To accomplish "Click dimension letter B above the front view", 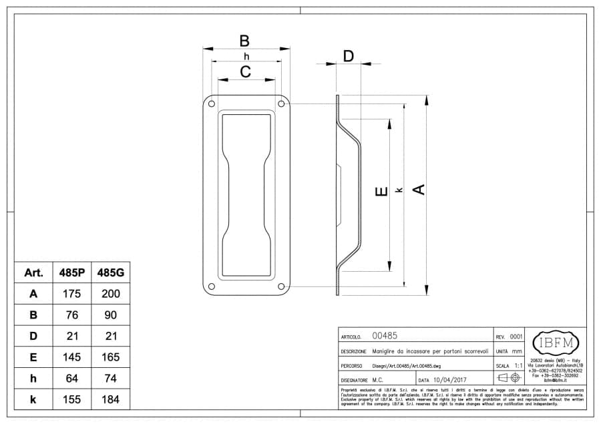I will (x=244, y=40).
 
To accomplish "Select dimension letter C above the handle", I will (x=245, y=72).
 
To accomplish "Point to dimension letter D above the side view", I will (x=348, y=56).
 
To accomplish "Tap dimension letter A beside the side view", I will (x=419, y=190).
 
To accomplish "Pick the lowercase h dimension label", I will (x=246, y=57).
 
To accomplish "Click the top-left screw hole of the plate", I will (x=212, y=103).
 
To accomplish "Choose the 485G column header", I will (x=110, y=272).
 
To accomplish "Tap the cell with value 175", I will (x=72, y=294).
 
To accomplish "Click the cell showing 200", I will (x=110, y=294).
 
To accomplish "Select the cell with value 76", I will (x=72, y=314).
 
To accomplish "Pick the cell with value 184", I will (x=110, y=399).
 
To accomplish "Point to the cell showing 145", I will (x=72, y=357).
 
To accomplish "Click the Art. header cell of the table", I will (x=33, y=272).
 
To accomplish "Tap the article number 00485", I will (x=385, y=337).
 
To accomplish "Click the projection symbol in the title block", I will (x=509, y=378).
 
